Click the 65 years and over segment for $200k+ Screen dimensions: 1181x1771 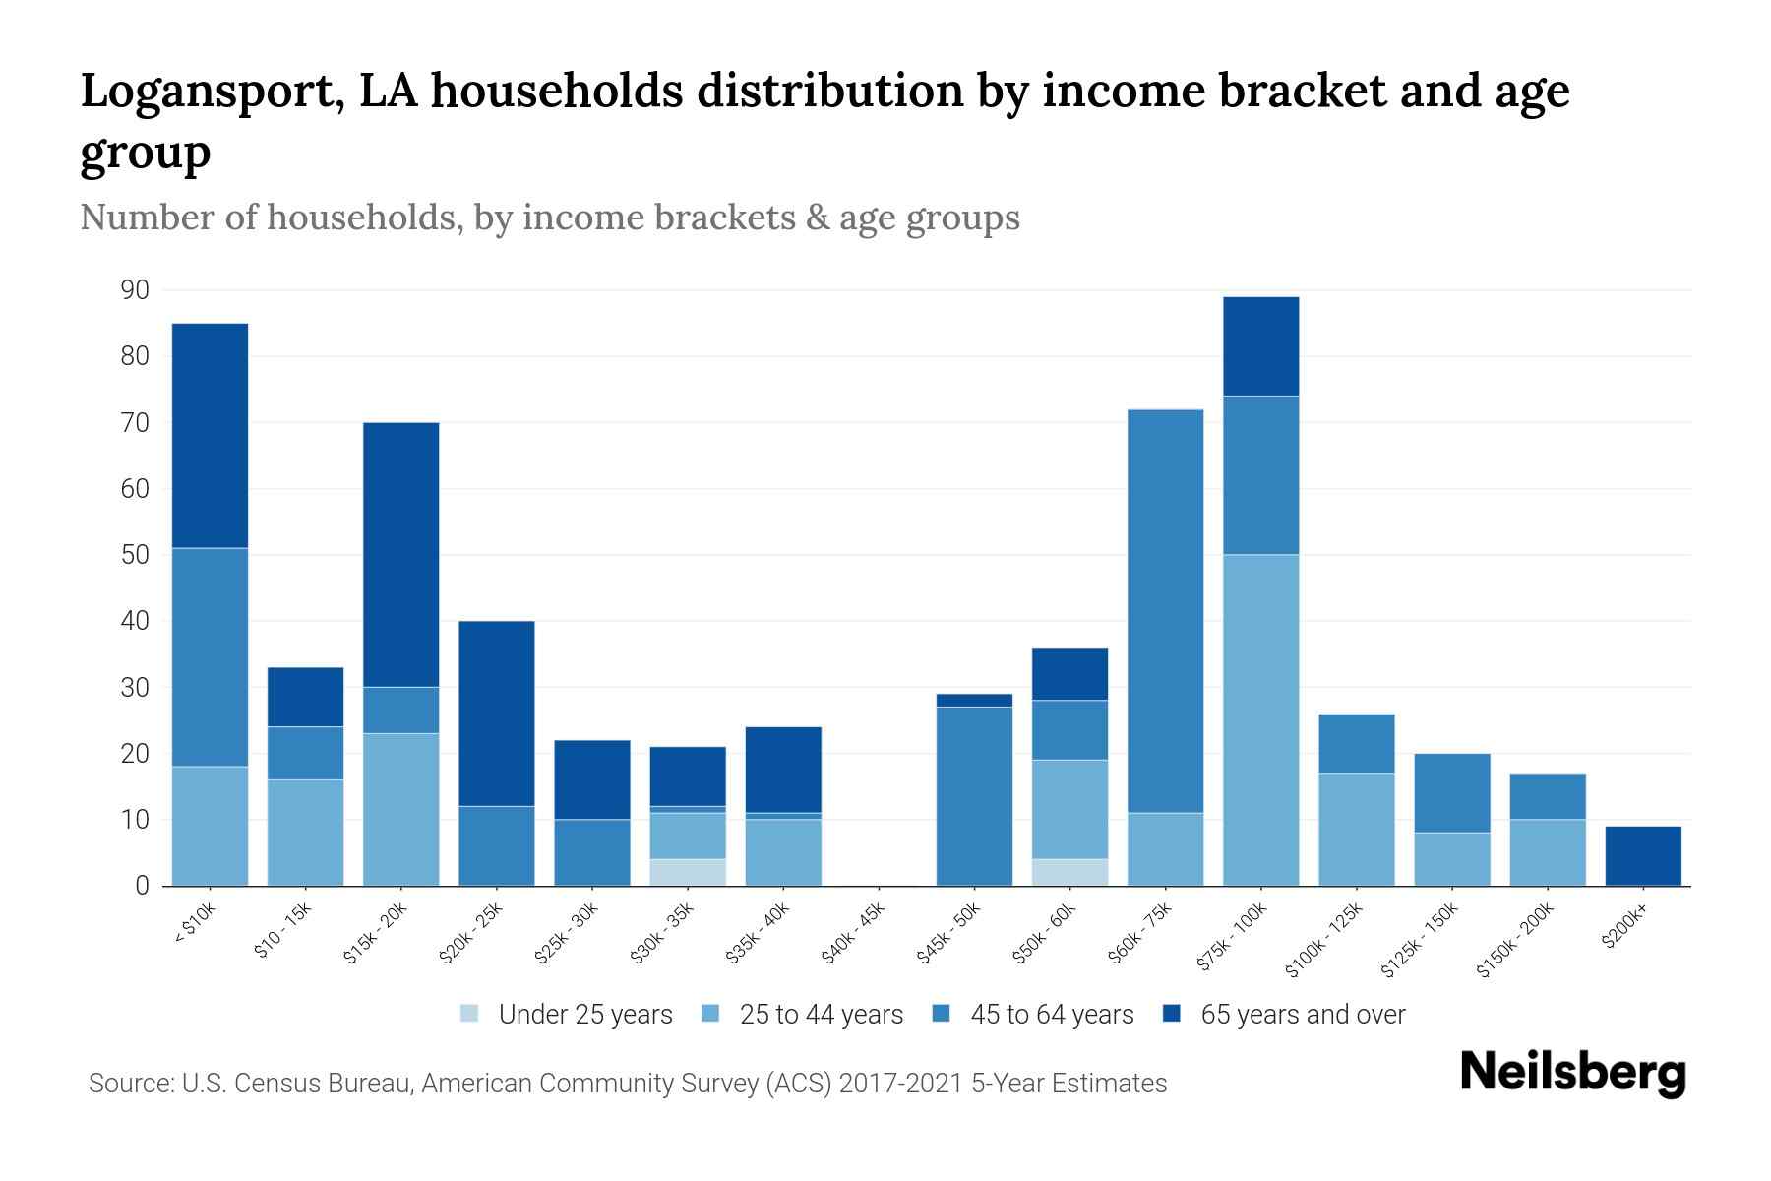(x=1643, y=855)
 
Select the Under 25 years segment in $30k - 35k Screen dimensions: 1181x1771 (x=688, y=872)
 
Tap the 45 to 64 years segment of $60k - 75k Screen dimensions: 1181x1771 (x=1165, y=610)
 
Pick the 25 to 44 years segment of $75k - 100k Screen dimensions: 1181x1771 (x=1260, y=719)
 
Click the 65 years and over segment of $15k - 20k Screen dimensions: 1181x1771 (x=401, y=554)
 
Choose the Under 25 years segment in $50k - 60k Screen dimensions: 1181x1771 (x=1069, y=872)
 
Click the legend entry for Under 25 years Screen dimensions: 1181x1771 (x=567, y=1015)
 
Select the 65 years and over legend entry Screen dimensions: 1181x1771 (x=1284, y=1015)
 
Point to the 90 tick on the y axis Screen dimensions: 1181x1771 (x=135, y=290)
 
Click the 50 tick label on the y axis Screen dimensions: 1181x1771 (x=135, y=555)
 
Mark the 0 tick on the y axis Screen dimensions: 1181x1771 (x=142, y=886)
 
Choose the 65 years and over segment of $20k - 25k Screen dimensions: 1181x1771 (x=497, y=714)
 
